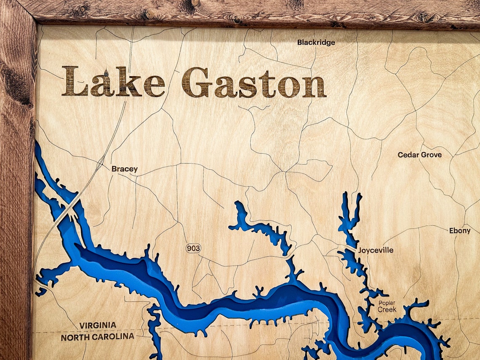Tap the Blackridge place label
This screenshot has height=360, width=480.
click(316, 42)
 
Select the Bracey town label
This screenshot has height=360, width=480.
click(124, 169)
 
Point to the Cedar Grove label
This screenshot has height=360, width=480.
click(419, 155)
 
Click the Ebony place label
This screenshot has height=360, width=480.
click(459, 230)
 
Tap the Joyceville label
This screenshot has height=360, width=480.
click(376, 250)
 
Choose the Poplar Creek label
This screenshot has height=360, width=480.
click(387, 306)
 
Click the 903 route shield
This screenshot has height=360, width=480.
click(193, 248)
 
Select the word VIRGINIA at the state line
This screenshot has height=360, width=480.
click(98, 325)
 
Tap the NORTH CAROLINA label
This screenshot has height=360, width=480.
click(97, 337)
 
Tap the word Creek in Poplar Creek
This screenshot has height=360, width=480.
click(387, 309)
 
